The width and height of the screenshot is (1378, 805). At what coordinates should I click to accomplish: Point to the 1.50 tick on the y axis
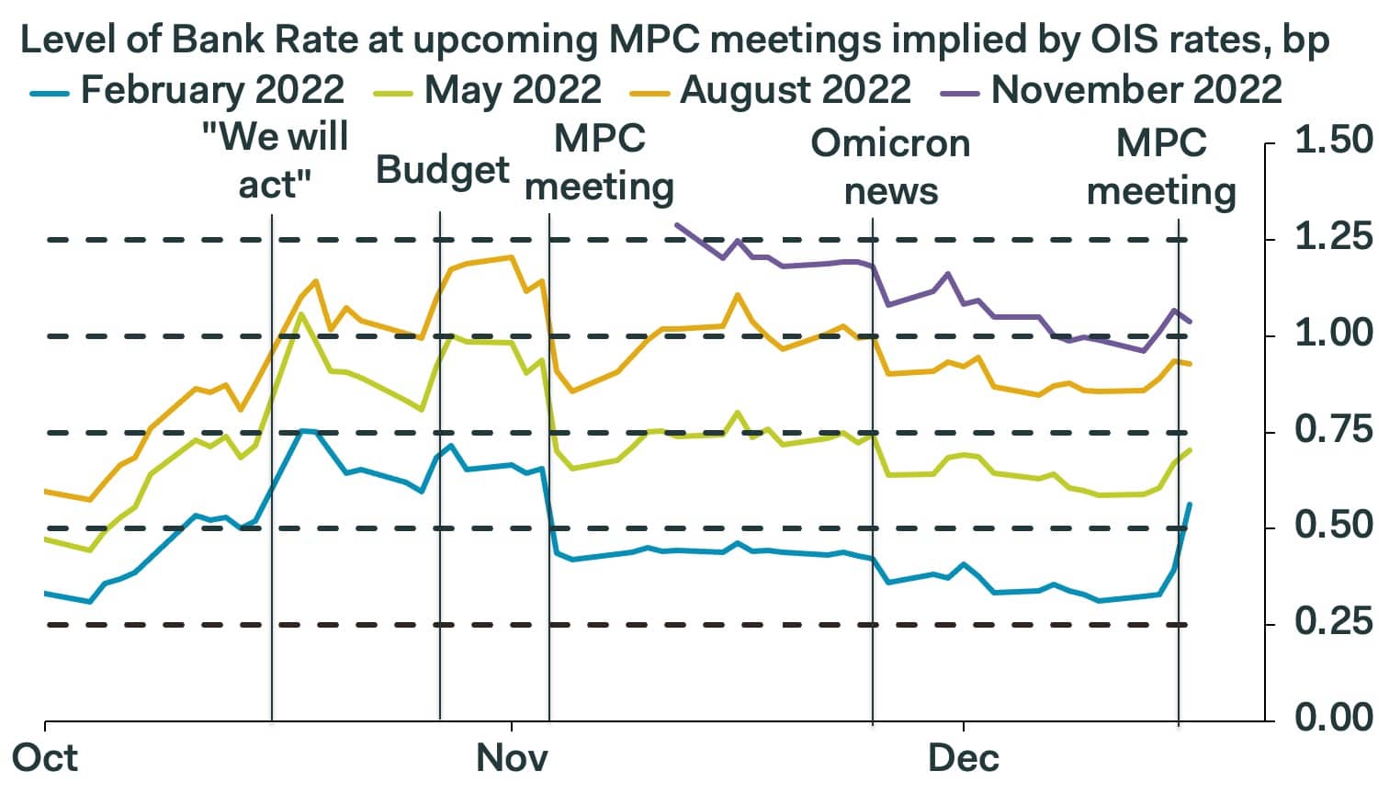click(1332, 141)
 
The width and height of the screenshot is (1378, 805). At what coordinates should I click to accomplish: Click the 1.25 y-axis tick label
click(1332, 238)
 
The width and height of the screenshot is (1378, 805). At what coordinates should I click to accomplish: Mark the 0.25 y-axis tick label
click(1332, 623)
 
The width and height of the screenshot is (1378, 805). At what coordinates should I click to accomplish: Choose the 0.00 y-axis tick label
click(1332, 718)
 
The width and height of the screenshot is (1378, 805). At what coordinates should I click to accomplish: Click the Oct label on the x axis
click(44, 758)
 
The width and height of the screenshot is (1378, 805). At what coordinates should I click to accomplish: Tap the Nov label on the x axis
click(512, 758)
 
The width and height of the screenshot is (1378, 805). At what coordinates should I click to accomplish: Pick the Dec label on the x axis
click(963, 758)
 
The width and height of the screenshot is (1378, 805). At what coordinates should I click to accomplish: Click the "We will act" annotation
click(275, 161)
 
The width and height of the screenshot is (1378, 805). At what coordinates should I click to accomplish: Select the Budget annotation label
click(442, 170)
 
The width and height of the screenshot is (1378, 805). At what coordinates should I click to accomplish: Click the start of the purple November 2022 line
click(677, 224)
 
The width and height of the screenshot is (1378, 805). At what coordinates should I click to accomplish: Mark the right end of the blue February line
click(1191, 504)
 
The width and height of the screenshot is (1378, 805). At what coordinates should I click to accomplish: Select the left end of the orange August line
click(46, 492)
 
